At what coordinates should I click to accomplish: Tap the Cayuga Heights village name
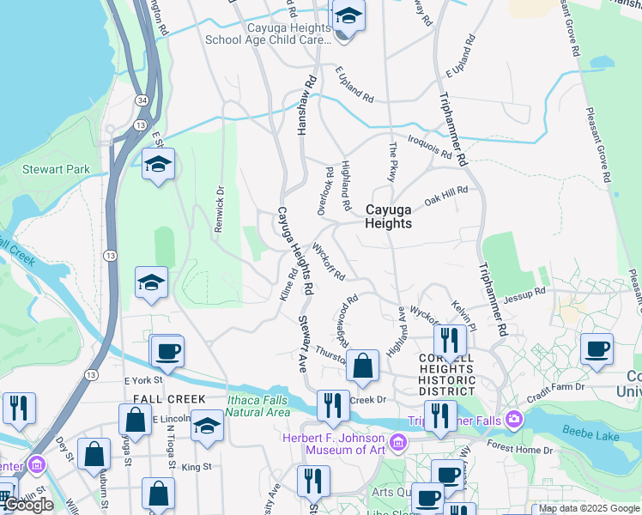(x=389, y=216)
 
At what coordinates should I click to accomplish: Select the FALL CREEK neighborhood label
(x=169, y=399)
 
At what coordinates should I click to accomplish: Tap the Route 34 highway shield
(x=141, y=102)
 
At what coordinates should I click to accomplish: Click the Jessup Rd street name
(x=524, y=294)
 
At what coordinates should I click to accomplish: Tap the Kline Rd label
(x=288, y=283)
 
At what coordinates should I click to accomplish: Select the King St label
(x=197, y=466)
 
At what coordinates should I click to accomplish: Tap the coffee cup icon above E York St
(x=168, y=352)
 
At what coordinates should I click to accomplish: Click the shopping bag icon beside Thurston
(x=364, y=366)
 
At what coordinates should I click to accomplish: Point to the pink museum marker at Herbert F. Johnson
(x=398, y=444)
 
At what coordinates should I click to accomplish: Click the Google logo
(x=28, y=505)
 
